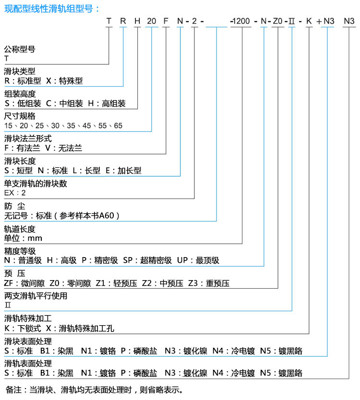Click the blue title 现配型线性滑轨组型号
(48, 9)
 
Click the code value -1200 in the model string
(240, 21)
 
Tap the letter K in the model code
(309, 21)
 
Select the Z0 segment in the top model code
(277, 21)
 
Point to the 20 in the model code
(151, 21)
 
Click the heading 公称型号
(20, 49)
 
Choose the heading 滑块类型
(20, 71)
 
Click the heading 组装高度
(20, 94)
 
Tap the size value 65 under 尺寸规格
(118, 126)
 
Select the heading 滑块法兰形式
(28, 138)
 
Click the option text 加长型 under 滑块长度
(130, 170)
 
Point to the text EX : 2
(15, 193)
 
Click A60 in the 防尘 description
(107, 215)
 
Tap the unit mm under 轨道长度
(35, 238)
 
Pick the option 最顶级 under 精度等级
(207, 260)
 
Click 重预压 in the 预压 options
(218, 283)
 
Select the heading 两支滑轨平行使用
(36, 295)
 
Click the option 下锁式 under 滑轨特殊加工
(29, 328)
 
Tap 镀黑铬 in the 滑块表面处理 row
(290, 351)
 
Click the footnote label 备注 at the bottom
(13, 389)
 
